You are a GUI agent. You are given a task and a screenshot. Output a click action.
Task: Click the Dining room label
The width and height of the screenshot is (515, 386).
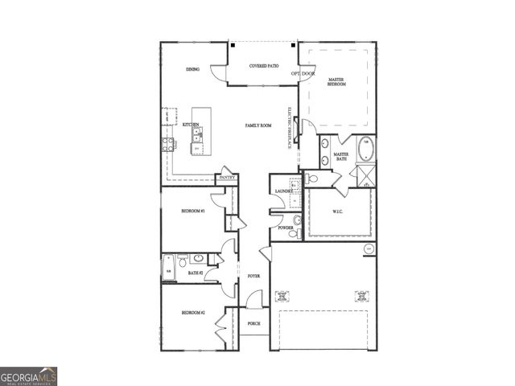tap(192, 70)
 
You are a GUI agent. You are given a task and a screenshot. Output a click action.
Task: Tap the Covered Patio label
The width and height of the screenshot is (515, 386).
tap(264, 66)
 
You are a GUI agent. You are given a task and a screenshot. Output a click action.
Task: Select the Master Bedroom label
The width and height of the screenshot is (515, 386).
tap(336, 82)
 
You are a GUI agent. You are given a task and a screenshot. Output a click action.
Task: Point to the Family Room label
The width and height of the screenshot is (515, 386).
tap(258, 126)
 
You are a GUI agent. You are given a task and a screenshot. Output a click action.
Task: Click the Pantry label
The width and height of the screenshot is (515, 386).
tap(226, 178)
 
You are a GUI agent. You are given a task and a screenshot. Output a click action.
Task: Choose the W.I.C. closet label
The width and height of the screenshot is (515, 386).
tap(339, 213)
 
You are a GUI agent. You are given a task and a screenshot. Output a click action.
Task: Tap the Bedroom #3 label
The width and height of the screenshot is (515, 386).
tap(192, 211)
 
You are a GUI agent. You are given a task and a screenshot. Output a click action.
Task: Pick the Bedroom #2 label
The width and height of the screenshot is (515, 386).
tap(192, 313)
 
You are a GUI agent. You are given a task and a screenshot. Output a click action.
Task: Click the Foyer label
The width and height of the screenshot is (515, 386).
tap(253, 276)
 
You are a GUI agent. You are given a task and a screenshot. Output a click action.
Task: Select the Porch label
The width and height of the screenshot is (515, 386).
tap(253, 323)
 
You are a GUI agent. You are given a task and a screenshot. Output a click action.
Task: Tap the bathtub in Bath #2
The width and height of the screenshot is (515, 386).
tap(169, 266)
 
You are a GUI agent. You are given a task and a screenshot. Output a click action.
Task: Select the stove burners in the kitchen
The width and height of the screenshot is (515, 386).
tap(168, 145)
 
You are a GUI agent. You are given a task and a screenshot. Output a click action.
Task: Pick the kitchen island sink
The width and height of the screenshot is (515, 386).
tap(196, 138)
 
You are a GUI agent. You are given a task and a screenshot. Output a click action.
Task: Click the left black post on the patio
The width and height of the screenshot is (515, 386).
tap(232, 46)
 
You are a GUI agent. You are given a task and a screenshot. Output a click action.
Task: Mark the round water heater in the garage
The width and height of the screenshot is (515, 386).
tap(369, 248)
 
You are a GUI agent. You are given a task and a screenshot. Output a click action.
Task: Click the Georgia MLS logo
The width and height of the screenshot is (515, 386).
tap(28, 376)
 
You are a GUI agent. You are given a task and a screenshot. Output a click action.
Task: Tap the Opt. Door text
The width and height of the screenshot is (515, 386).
tap(303, 73)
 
